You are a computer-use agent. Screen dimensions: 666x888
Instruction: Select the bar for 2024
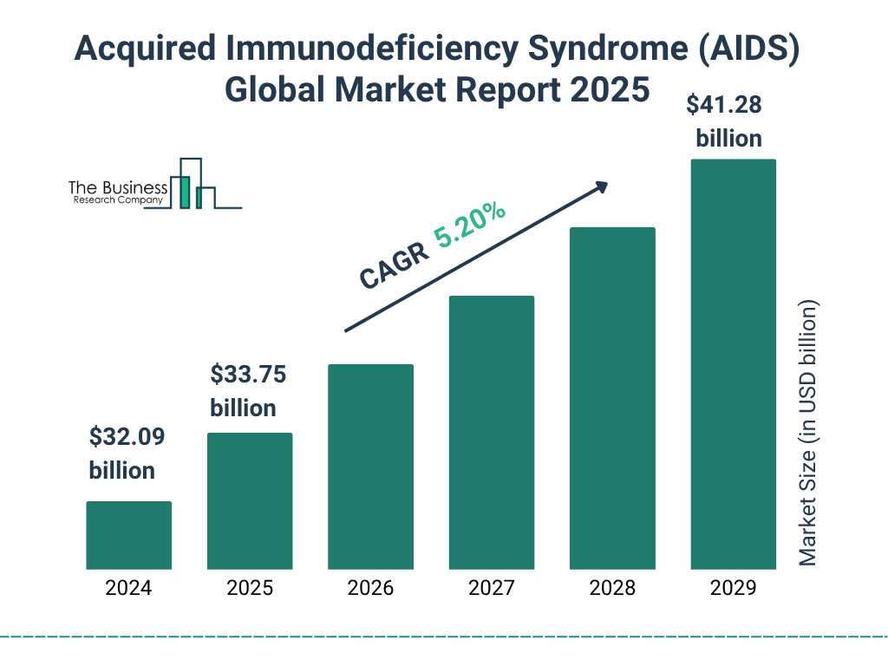128,535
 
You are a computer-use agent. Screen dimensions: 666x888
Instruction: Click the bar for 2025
250,500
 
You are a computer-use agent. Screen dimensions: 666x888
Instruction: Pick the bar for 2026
370,467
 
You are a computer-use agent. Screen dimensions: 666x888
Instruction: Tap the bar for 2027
492,432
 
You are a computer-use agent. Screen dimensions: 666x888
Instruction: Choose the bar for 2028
612,398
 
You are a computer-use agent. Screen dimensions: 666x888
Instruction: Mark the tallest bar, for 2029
733,364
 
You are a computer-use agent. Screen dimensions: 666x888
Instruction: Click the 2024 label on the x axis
128,588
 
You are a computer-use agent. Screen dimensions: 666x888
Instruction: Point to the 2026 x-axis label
370,588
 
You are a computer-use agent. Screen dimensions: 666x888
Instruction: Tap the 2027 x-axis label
492,588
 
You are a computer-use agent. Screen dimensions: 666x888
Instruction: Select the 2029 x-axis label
733,588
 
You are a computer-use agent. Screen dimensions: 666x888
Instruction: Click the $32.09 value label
127,437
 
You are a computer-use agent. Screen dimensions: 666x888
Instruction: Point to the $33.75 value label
249,375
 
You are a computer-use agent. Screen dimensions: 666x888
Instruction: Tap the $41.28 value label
724,105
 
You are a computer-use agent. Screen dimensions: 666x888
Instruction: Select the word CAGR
395,264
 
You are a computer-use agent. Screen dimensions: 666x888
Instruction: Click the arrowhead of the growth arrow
600,186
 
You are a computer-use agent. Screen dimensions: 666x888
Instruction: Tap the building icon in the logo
193,185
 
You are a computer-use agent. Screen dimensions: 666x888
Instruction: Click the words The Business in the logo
118,187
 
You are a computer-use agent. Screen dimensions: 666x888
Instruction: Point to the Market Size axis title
808,434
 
